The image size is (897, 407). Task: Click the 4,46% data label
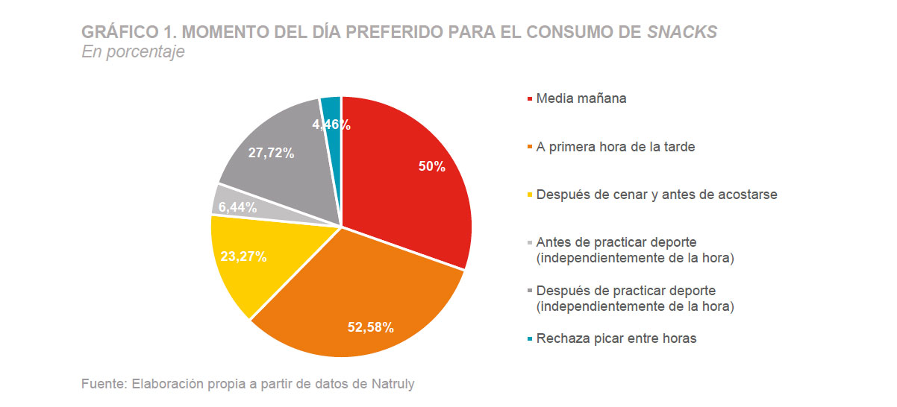click(x=331, y=125)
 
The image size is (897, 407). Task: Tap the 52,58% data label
click(x=371, y=326)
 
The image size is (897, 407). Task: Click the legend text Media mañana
click(x=581, y=98)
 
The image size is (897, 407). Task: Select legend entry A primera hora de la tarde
click(x=615, y=147)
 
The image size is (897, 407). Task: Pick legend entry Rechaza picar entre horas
click(x=616, y=338)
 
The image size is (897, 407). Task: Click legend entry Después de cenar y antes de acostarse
click(x=657, y=195)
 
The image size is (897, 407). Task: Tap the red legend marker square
click(x=530, y=99)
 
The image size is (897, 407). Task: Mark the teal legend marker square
click(x=530, y=339)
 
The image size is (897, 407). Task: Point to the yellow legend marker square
click(x=530, y=195)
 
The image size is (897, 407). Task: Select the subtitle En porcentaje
click(x=133, y=52)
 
